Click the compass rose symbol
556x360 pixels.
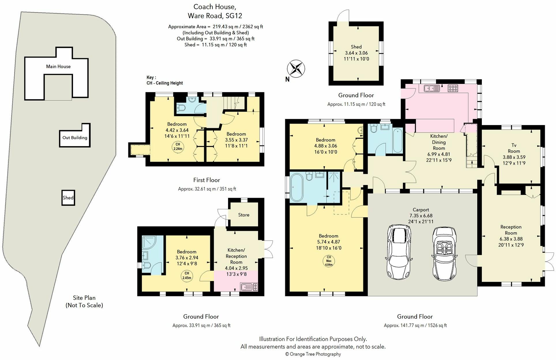tap(296, 69)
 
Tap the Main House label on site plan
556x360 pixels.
tap(58, 67)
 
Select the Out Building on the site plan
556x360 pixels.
tap(75, 137)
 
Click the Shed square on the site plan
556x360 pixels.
tap(68, 198)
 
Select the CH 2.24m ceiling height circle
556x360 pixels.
tap(178, 147)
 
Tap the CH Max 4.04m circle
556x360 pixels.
tap(328, 261)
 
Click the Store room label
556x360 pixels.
tap(244, 215)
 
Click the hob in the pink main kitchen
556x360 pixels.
tap(453, 88)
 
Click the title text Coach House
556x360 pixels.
tap(215, 7)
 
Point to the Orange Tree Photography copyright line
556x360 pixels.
tap(313, 354)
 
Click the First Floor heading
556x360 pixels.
tap(206, 180)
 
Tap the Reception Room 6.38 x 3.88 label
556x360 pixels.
tap(511, 236)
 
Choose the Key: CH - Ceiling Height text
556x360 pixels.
tap(165, 80)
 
